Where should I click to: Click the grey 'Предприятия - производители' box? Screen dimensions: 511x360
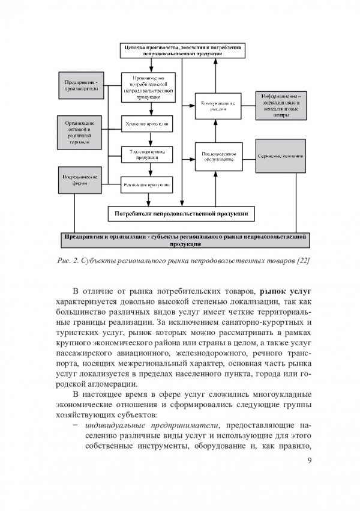[82, 86]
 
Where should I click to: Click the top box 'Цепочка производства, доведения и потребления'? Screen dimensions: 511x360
[182, 50]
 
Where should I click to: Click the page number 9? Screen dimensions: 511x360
[309, 461]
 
